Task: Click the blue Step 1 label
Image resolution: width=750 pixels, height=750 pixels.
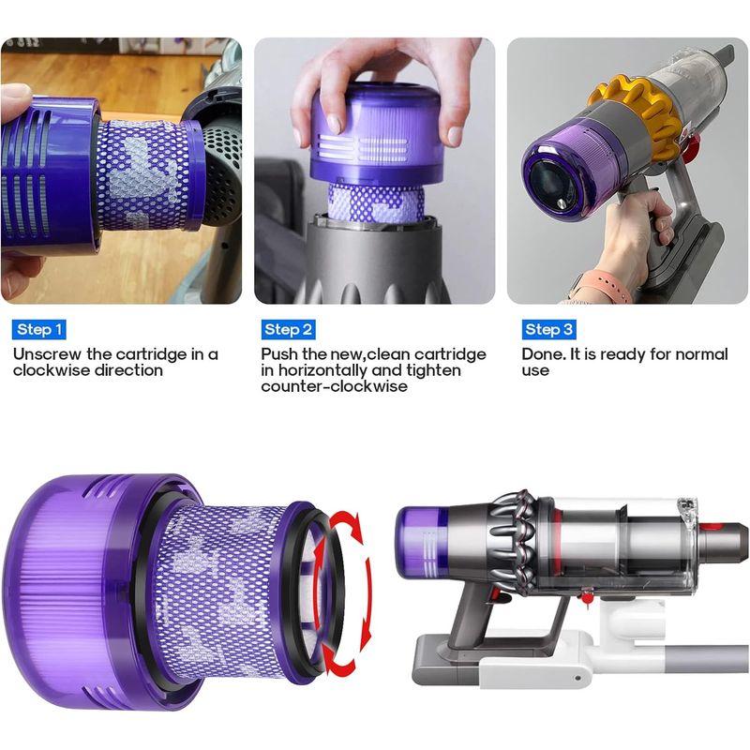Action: click(x=39, y=330)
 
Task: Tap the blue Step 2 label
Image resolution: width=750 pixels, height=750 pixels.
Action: click(x=288, y=330)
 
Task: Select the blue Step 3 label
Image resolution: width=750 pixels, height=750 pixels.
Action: click(x=548, y=330)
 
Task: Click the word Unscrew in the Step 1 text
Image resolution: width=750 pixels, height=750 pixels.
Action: click(x=48, y=354)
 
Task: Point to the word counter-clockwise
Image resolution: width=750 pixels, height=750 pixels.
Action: click(x=334, y=386)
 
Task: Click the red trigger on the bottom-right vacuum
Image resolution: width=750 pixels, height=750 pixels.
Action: click(x=496, y=595)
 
